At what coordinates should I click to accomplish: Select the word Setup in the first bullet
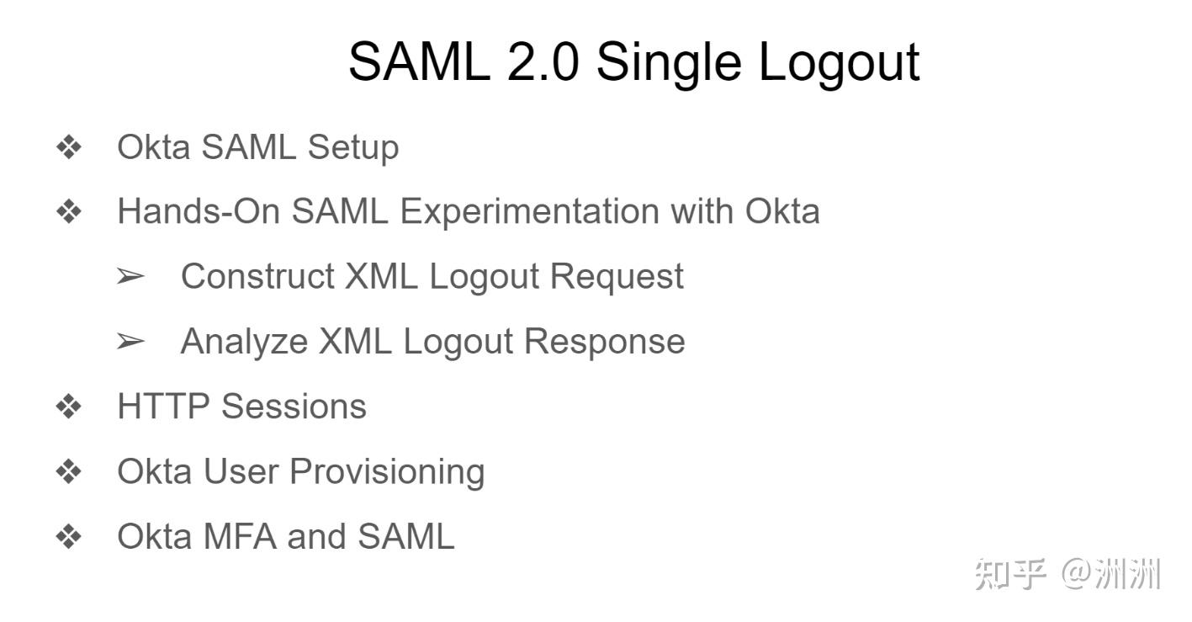coord(353,149)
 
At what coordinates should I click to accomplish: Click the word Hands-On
coord(198,211)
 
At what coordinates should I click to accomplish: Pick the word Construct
coord(257,276)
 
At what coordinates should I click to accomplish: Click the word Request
coord(617,278)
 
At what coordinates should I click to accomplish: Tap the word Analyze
coord(244,343)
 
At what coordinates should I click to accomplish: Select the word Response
coord(605,343)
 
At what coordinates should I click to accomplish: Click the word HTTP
coord(164,407)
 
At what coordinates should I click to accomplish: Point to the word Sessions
coord(294,407)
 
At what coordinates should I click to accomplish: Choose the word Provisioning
coord(387,473)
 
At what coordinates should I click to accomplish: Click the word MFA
coord(240,536)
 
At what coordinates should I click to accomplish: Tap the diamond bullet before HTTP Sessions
coord(69,407)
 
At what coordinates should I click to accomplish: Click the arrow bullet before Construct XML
coord(131,276)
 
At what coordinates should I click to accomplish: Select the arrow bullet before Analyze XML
coord(131,341)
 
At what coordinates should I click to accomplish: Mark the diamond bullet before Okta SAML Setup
coord(69,147)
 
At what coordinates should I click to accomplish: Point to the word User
coord(241,471)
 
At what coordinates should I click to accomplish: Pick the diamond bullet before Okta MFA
coord(69,537)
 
